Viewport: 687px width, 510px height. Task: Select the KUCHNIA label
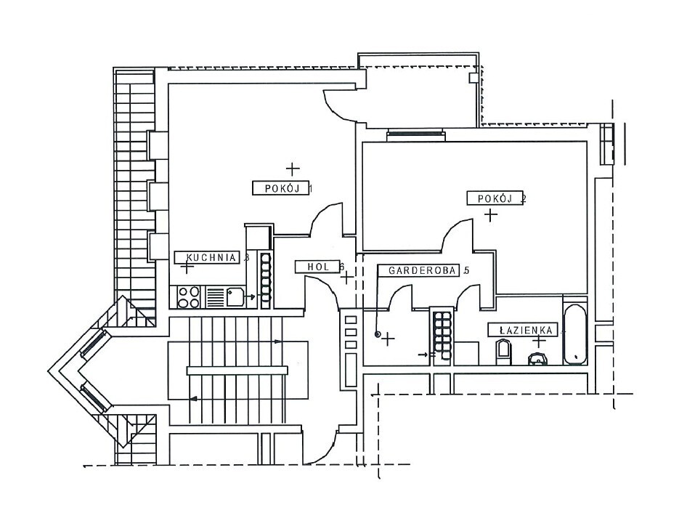[x=211, y=257]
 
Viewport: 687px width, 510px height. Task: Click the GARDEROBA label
[x=423, y=270]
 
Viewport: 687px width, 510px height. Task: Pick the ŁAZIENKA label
[x=525, y=330]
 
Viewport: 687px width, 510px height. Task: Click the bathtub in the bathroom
[x=575, y=333]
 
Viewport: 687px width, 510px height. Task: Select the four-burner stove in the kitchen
[x=188, y=296]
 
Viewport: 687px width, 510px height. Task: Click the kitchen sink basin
[x=234, y=296]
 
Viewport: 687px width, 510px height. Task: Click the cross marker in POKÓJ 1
[x=293, y=169]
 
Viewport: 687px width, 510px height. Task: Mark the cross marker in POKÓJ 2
[x=491, y=215]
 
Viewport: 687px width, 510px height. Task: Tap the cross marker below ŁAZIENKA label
[x=538, y=341]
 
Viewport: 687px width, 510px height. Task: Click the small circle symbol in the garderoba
[x=377, y=334]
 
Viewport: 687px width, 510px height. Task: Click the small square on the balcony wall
[x=472, y=78]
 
